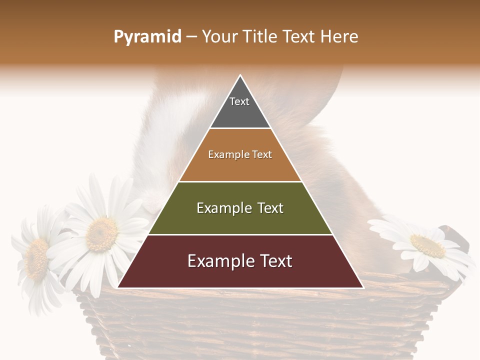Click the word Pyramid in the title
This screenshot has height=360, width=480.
point(147,37)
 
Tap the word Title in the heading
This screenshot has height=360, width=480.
point(260,37)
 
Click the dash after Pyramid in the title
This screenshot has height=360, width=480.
point(191,37)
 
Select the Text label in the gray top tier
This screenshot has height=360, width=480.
point(239,101)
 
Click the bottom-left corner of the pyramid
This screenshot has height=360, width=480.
point(118,287)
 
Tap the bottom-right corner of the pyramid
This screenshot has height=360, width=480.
point(363,287)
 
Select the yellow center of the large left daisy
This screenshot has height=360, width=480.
point(101,234)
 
